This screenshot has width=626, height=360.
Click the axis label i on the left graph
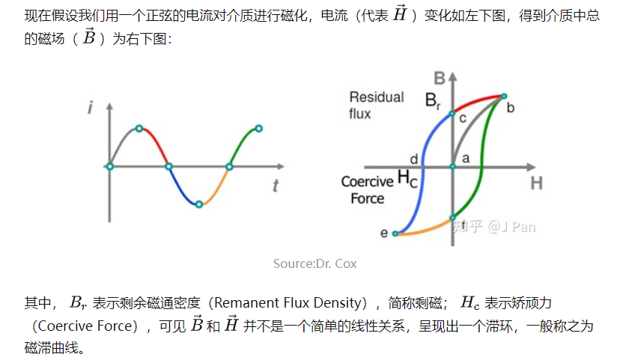pyautogui.click(x=90, y=109)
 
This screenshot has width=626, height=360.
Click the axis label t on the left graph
pyautogui.click(x=276, y=187)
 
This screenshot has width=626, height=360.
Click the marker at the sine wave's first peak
pyautogui.click(x=139, y=129)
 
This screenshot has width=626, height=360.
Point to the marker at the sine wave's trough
pyautogui.click(x=198, y=204)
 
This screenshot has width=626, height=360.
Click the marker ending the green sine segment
pyautogui.click(x=258, y=129)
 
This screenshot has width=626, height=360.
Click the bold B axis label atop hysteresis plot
pyautogui.click(x=440, y=79)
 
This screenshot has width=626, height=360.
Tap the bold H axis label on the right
pyautogui.click(x=536, y=183)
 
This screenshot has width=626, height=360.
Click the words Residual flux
pyautogui.click(x=375, y=105)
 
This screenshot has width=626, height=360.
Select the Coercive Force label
pyautogui.click(x=367, y=190)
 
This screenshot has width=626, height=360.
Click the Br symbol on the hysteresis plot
pyautogui.click(x=434, y=100)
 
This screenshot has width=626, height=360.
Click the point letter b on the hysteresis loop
pyautogui.click(x=511, y=108)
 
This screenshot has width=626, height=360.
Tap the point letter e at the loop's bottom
pyautogui.click(x=384, y=234)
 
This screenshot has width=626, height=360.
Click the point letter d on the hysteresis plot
pyautogui.click(x=413, y=159)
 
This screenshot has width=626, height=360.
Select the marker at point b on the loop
pyautogui.click(x=504, y=97)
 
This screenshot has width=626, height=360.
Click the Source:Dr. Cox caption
pyautogui.click(x=314, y=263)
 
